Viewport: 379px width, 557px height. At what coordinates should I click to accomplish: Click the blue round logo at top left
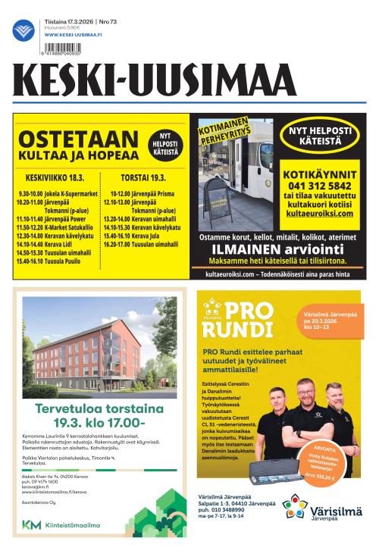(23, 30)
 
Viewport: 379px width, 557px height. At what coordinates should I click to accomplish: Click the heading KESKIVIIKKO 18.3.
(54, 178)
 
